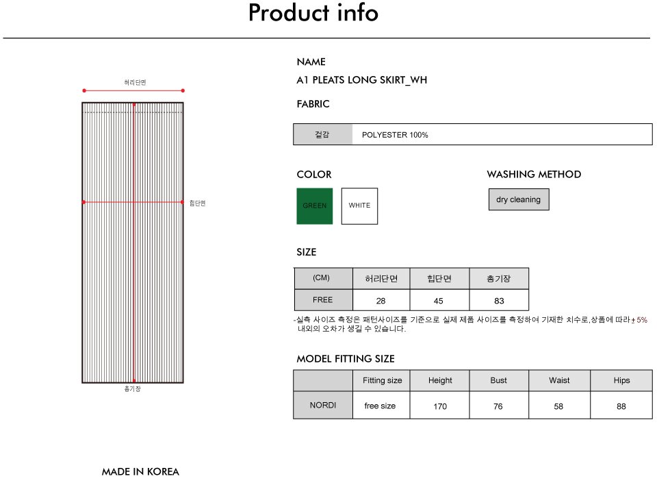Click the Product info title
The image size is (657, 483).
pos(313,12)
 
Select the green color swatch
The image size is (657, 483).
pos(315,206)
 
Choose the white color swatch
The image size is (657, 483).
pos(359,206)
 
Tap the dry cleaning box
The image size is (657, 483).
pos(519,199)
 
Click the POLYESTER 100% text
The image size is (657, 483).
pos(395,135)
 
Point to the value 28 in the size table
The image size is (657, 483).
pos(381,301)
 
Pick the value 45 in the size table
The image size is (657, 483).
pos(438,301)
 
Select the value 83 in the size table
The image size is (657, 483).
pos(499,301)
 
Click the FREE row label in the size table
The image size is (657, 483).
pos(322,300)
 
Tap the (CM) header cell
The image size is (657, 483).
pos(322,277)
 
